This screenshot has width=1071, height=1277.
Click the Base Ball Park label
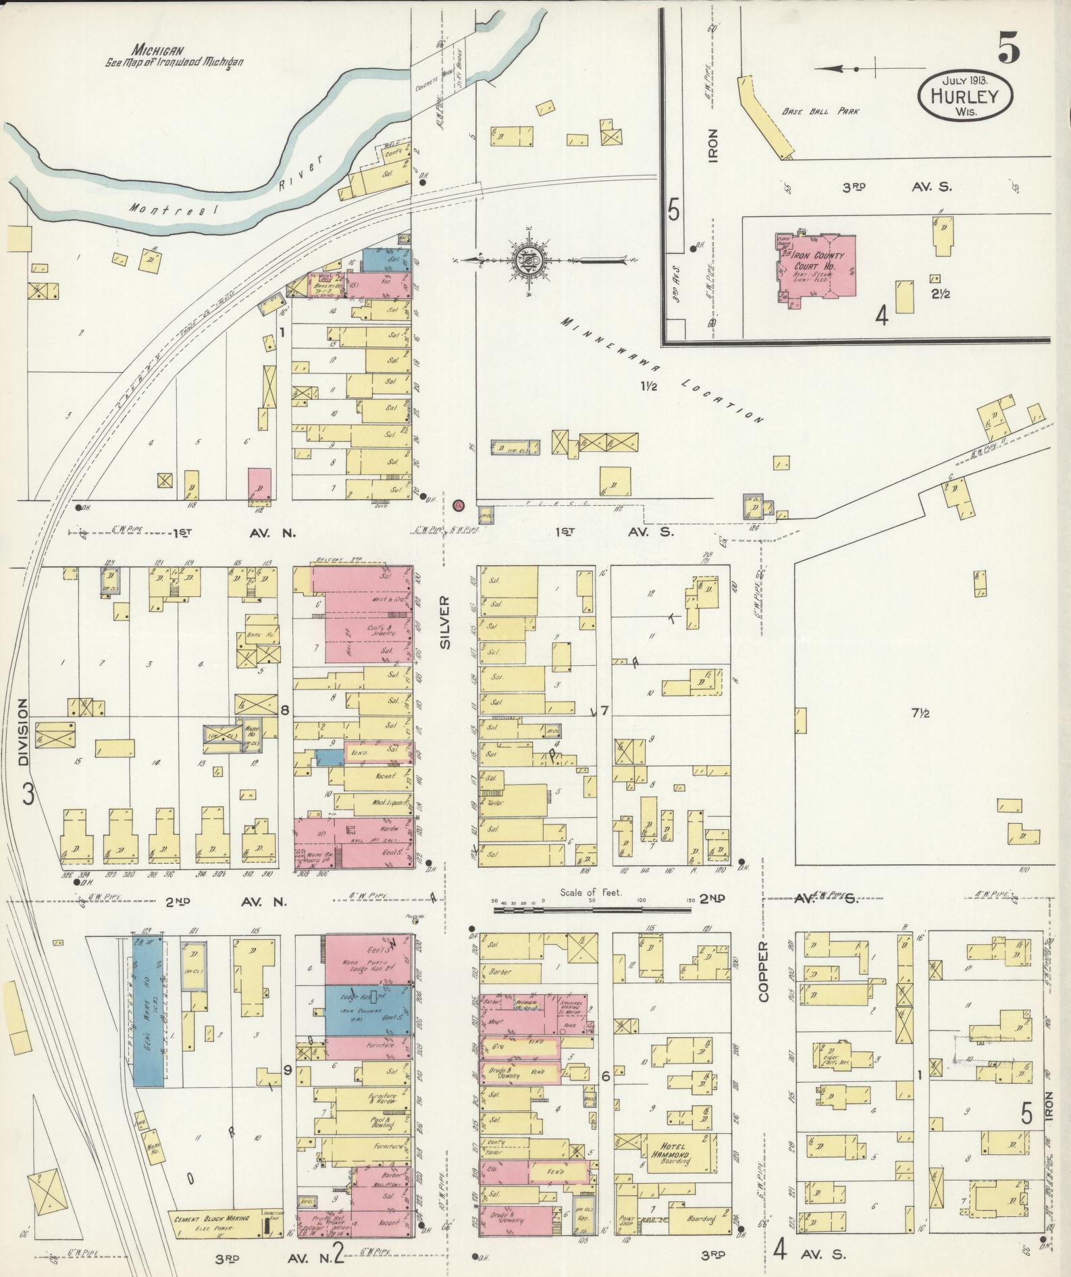(820, 112)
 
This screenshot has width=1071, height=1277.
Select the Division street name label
(24, 731)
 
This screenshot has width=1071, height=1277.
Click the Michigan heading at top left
(159, 50)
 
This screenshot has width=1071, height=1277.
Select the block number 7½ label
(920, 713)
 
